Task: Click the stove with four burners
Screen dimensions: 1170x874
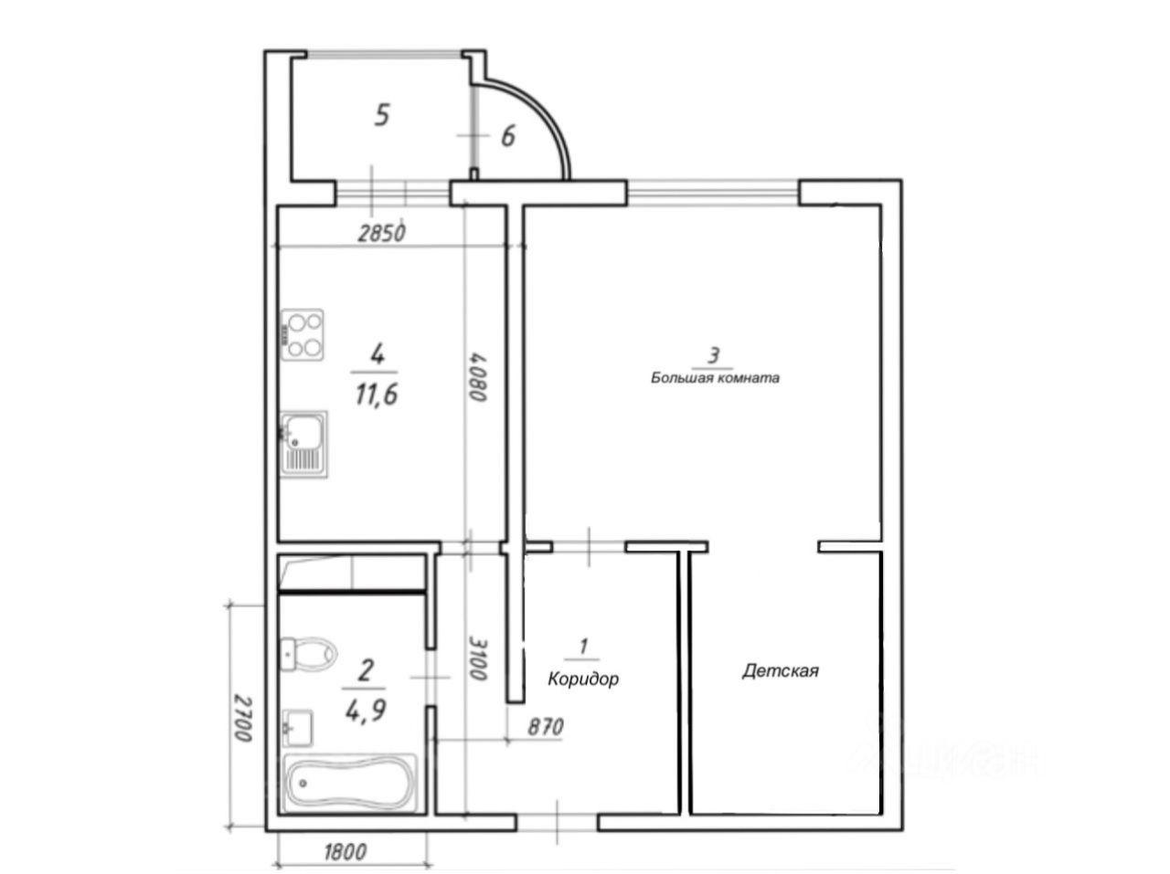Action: [303, 335]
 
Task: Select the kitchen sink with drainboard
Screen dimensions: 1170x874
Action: [303, 444]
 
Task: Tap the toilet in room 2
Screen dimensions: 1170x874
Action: [309, 654]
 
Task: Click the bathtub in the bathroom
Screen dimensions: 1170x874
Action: [350, 783]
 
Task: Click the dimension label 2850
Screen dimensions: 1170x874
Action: [382, 233]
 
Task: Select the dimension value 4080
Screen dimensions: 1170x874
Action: [477, 376]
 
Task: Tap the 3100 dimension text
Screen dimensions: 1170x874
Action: [478, 658]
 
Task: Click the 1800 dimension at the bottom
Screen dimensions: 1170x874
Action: [345, 852]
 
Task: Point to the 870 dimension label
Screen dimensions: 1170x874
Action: [546, 727]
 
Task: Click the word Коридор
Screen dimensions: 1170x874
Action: [583, 679]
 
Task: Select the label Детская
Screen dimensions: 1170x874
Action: [780, 670]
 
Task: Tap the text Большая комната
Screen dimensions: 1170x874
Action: [715, 377]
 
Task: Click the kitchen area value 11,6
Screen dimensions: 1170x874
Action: [377, 395]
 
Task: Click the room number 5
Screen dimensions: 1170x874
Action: [382, 115]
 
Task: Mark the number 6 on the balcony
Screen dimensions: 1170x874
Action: [508, 136]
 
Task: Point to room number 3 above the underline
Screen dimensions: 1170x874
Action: [714, 355]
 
